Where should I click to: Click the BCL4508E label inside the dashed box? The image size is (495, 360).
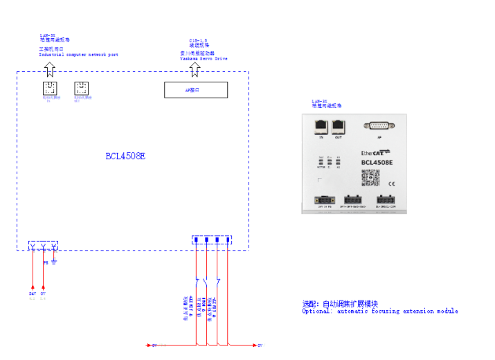pyautogui.click(x=125, y=156)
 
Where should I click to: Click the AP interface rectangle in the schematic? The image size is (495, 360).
pyautogui.click(x=196, y=90)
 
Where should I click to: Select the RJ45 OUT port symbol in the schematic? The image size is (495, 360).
pyautogui.click(x=82, y=89)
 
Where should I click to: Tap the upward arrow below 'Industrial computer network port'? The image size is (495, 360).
pyautogui.click(x=49, y=69)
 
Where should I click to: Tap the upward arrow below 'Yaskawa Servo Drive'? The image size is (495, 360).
pyautogui.click(x=196, y=69)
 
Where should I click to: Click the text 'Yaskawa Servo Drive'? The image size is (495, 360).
pyautogui.click(x=204, y=59)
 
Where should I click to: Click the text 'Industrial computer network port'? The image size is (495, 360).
pyautogui.click(x=78, y=54)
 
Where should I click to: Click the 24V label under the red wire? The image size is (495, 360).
pyautogui.click(x=33, y=294)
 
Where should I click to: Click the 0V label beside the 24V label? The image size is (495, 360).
pyautogui.click(x=43, y=294)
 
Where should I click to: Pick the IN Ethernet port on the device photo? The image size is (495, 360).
pyautogui.click(x=321, y=126)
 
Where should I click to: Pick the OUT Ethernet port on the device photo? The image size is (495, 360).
pyautogui.click(x=339, y=126)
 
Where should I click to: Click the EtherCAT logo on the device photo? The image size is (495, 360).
pyautogui.click(x=376, y=152)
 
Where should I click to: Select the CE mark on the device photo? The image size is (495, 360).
pyautogui.click(x=391, y=183)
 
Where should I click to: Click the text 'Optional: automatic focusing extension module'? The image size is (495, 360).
pyautogui.click(x=379, y=312)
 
